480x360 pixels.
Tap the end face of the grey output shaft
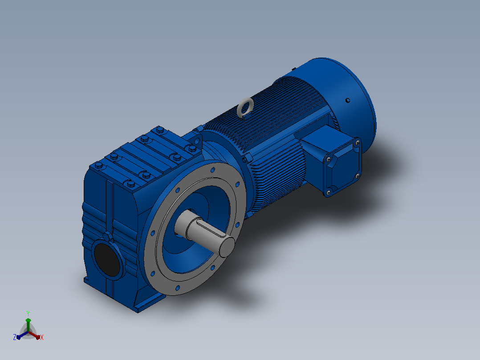tap(227, 246)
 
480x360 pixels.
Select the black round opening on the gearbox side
tap(107, 260)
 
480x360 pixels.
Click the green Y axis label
tap(28, 313)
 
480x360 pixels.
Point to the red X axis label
tap(42, 337)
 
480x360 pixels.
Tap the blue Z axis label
tap(15, 337)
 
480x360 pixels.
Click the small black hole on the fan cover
tap(348, 100)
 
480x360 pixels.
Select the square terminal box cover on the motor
tap(343, 167)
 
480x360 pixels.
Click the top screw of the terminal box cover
tap(357, 142)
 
